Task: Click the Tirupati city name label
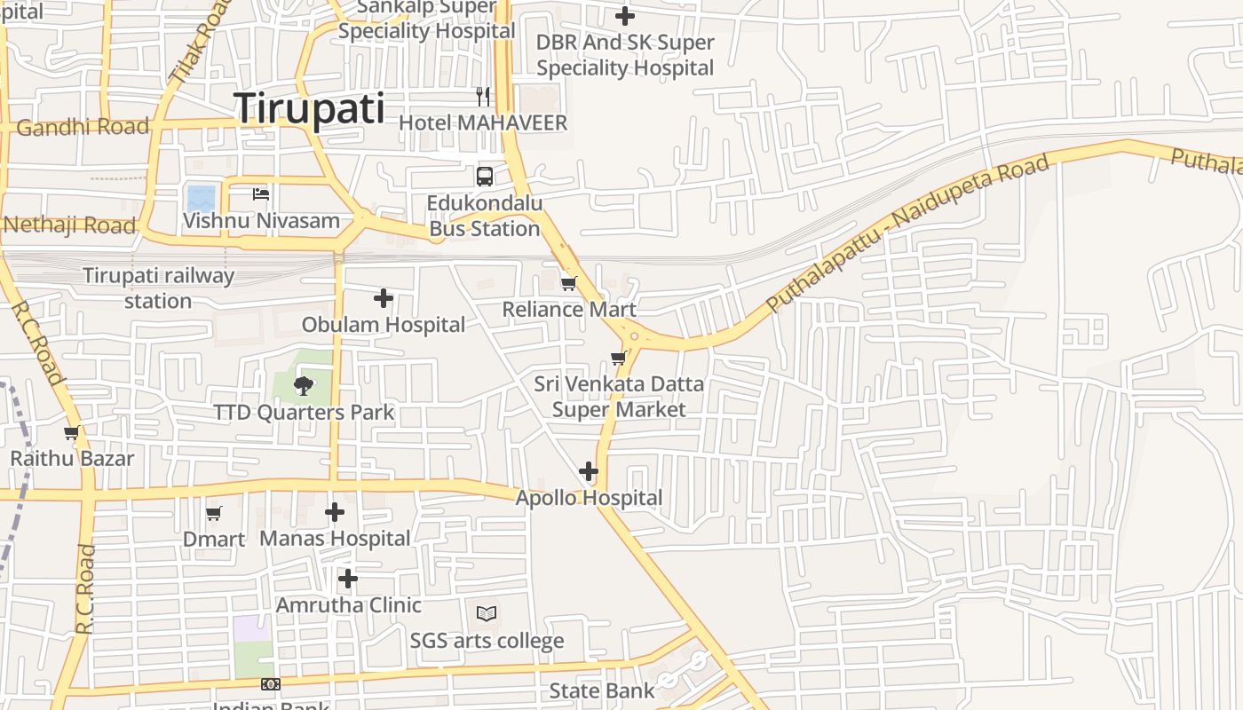[x=310, y=108]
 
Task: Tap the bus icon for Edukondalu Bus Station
[x=484, y=176]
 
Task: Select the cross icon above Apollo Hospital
[x=588, y=471]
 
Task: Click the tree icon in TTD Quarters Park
[x=303, y=385]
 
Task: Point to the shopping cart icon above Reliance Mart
[x=568, y=283]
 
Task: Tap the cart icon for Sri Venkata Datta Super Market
[x=618, y=358]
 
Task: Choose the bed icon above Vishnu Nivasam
[x=260, y=193]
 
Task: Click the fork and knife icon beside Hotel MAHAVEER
[x=483, y=96]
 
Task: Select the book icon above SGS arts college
[x=486, y=613]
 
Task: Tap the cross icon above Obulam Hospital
[x=383, y=298]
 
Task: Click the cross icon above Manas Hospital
[x=334, y=512]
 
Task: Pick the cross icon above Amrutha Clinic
[x=347, y=580]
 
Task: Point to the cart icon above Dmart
[x=213, y=513]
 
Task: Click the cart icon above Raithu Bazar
[x=71, y=433]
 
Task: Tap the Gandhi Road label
[x=83, y=127]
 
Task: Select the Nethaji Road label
[x=70, y=225]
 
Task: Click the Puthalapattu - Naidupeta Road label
[x=907, y=233]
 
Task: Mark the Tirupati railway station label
[x=158, y=288]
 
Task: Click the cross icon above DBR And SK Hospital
[x=625, y=16]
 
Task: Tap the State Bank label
[x=601, y=690]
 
